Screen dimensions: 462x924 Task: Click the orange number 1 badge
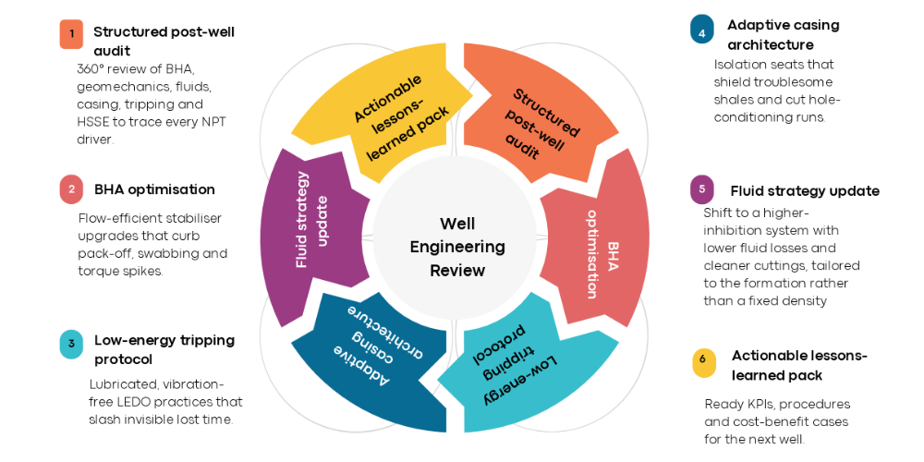(71, 34)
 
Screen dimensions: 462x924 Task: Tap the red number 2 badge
(71, 189)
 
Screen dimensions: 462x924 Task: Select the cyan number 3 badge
(71, 345)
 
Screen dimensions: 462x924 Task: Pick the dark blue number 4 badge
(702, 30)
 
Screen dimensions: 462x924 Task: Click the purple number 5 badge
(702, 189)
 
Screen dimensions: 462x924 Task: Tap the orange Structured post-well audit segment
(536, 115)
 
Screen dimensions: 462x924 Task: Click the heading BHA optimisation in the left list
(154, 189)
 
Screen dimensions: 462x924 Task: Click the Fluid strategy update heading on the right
(804, 191)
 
